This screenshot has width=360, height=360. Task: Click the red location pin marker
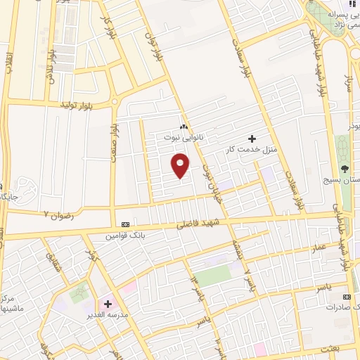pos(181,166)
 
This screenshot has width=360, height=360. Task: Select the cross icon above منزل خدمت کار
pos(252,139)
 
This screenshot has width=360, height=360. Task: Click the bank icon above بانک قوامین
pos(125,224)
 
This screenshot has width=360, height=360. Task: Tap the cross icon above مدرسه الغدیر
pos(108,304)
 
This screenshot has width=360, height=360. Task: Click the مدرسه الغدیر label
pos(108,314)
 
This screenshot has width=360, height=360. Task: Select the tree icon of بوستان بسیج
pos(345,169)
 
